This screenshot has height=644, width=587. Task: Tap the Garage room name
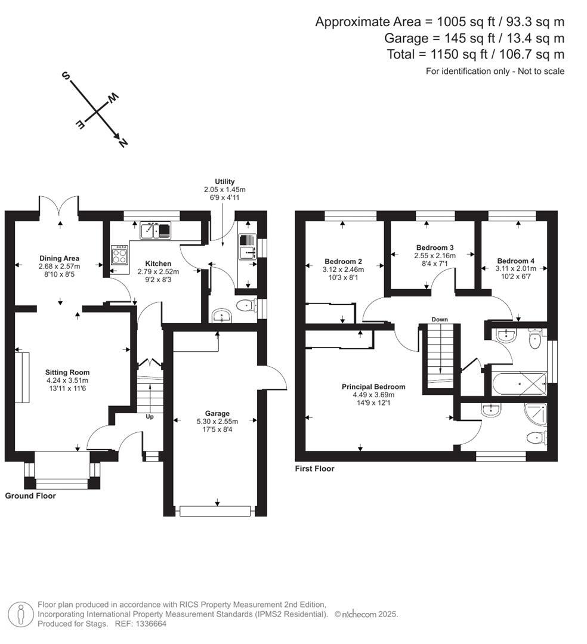[217, 413]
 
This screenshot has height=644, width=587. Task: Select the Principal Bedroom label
[373, 386]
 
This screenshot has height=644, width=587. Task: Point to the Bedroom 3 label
[435, 247]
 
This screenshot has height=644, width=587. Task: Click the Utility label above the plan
[225, 181]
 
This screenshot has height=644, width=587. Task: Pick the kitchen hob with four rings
[119, 255]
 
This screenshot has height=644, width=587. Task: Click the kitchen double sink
[156, 230]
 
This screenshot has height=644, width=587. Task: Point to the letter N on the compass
[123, 143]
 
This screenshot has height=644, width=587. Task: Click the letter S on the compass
[66, 76]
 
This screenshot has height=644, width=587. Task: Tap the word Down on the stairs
[440, 320]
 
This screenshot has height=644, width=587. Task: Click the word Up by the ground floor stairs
[150, 416]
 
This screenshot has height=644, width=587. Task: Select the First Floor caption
[314, 469]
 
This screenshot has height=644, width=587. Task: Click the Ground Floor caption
[30, 496]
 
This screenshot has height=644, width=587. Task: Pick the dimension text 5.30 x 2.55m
[217, 421]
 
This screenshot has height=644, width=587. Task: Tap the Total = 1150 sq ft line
[475, 54]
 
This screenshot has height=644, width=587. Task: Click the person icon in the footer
[22, 614]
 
